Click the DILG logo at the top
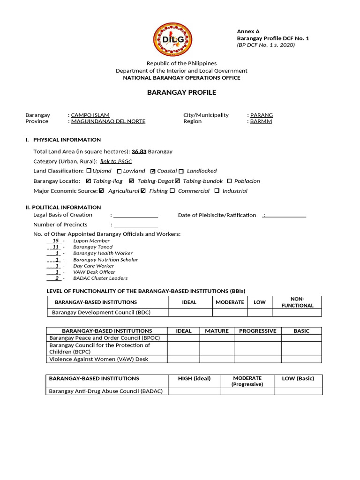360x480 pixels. [x=172, y=39]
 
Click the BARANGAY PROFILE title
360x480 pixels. [x=181, y=92]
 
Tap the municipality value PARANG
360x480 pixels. [x=262, y=115]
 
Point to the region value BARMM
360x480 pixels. [x=261, y=121]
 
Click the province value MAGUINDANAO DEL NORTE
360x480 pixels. [x=108, y=121]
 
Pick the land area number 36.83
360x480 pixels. [x=139, y=151]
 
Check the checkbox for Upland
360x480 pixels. [x=89, y=171]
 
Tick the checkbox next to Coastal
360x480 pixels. [x=153, y=172]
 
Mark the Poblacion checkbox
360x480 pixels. [x=229, y=181]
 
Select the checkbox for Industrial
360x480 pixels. [x=217, y=191]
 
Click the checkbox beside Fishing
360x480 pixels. [x=143, y=191]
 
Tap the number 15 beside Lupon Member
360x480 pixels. [x=55, y=241]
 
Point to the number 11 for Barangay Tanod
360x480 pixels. [x=55, y=247]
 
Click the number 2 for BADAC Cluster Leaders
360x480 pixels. [x=57, y=278]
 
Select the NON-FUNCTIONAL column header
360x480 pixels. [x=297, y=302]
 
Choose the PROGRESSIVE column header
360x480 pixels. [x=257, y=331]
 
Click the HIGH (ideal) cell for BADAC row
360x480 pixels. [x=194, y=391]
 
